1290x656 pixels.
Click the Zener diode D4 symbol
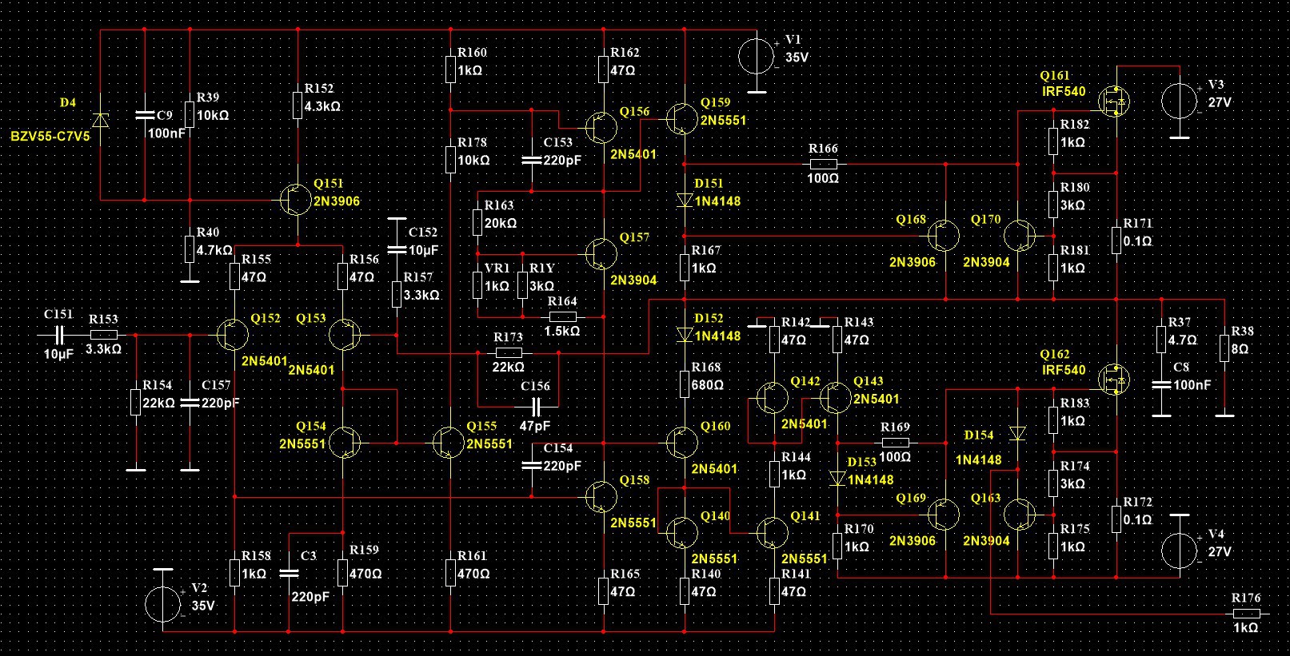click(x=100, y=120)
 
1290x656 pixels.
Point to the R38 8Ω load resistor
click(x=1224, y=348)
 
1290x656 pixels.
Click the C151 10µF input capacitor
click(x=58, y=335)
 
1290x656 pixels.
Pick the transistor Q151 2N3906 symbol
click(x=296, y=200)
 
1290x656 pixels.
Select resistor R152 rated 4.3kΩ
click(x=298, y=105)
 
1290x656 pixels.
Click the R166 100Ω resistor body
click(x=823, y=164)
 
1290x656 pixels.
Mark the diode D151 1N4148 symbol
click(x=685, y=201)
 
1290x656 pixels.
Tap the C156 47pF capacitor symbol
click(x=535, y=407)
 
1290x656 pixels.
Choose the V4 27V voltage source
click(x=1180, y=551)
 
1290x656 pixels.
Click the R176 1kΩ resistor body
click(x=1245, y=614)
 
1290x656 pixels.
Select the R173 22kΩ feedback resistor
click(x=509, y=352)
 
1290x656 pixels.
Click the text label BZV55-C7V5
click(x=50, y=137)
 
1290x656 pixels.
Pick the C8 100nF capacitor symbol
click(x=1161, y=385)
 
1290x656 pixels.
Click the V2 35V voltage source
click(x=163, y=605)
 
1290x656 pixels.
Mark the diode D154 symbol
click(x=1017, y=434)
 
